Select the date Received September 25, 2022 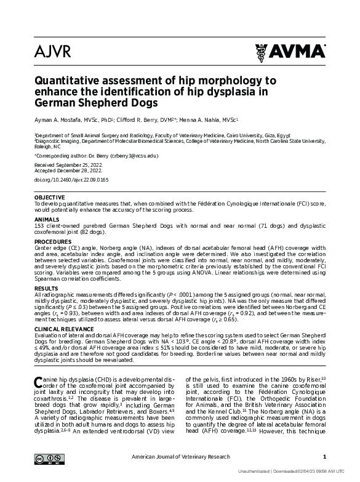(64, 166)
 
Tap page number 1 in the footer (324, 457)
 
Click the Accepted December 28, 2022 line (63, 172)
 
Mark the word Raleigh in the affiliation (44, 148)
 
